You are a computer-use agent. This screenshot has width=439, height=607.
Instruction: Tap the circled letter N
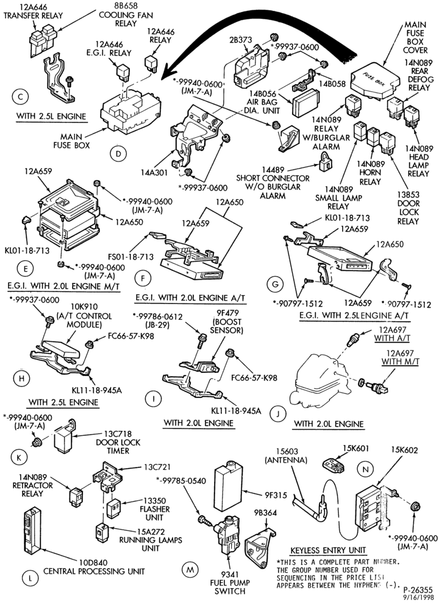coord(365,470)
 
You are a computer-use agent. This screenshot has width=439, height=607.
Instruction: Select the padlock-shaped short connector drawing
coord(326,163)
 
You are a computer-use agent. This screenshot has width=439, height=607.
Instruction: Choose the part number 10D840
coord(93,562)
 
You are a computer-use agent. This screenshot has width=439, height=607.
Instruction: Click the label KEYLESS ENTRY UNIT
coord(328,550)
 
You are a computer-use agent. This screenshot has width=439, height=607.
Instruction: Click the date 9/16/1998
coord(420,597)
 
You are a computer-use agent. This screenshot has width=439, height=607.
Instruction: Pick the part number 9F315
coord(276,494)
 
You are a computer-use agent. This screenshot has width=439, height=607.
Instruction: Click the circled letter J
coord(278,413)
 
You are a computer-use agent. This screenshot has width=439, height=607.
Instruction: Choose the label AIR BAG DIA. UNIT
coord(263,102)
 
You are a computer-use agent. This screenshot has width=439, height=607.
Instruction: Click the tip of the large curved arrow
coord(162,76)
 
